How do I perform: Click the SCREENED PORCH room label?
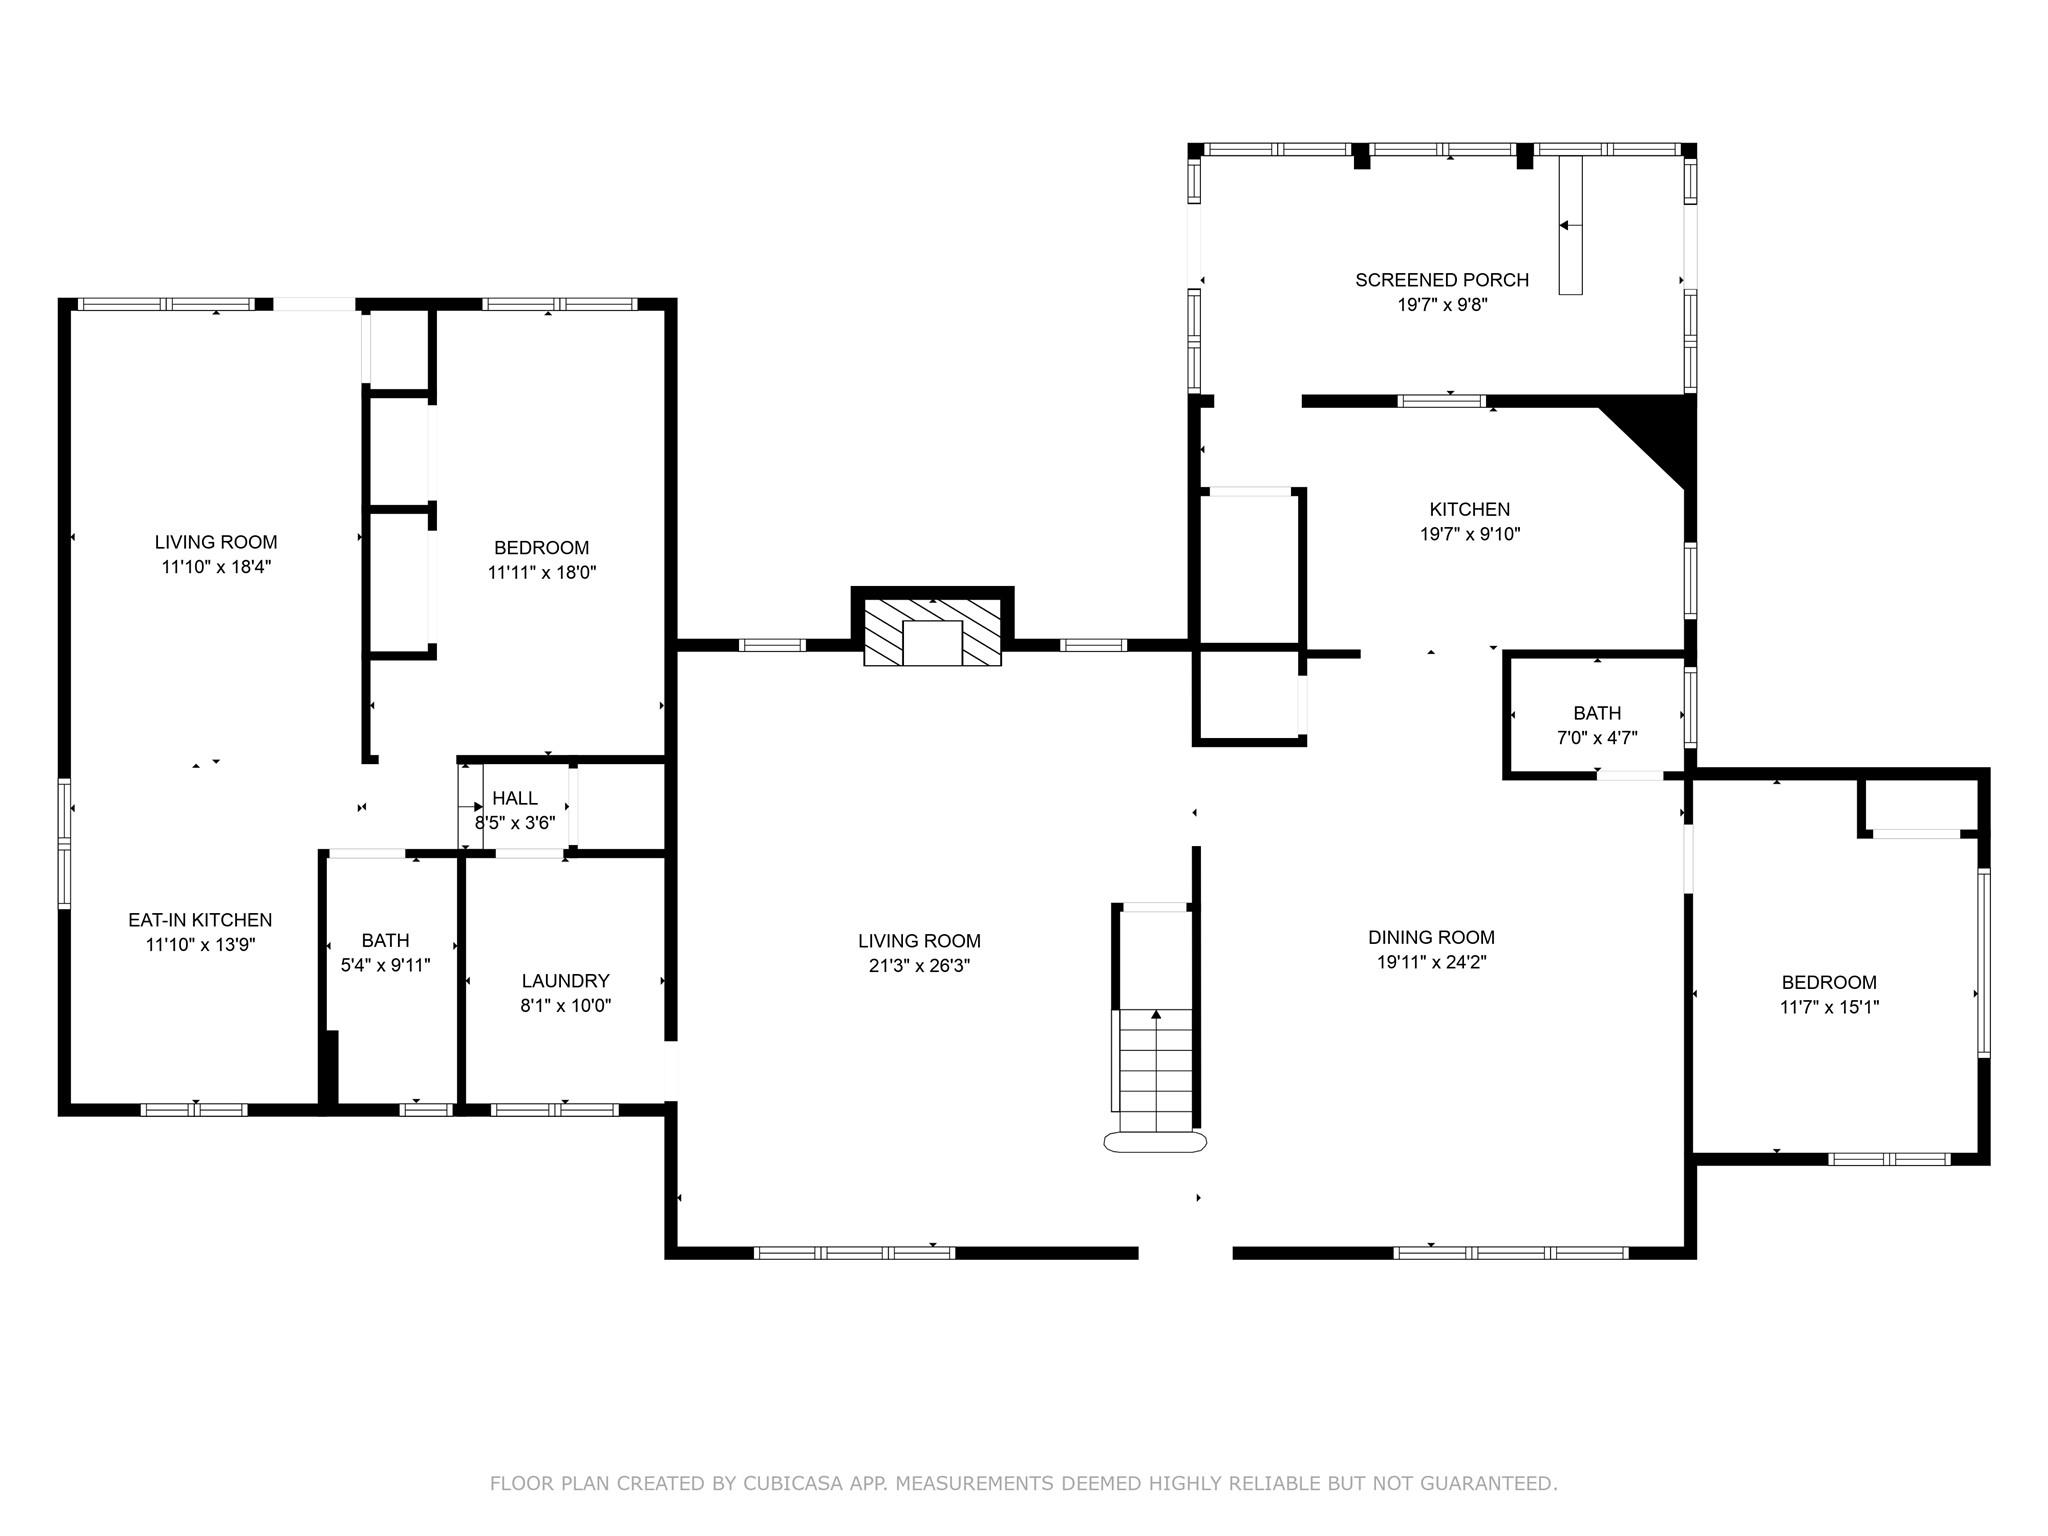1442,280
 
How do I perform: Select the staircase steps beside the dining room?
1156,1070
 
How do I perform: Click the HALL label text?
515,798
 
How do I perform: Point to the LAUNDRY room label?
566,981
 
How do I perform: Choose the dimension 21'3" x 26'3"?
919,966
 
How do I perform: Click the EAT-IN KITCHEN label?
200,920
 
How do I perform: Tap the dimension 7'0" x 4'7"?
1597,738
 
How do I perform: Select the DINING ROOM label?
1432,937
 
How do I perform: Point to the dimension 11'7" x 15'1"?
1829,1007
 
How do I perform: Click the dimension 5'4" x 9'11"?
386,965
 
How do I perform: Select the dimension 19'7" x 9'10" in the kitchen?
1470,534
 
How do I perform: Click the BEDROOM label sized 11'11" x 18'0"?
542,548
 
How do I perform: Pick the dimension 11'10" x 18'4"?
216,567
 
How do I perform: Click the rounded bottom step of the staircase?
1155,1142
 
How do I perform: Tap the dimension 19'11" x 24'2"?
1432,962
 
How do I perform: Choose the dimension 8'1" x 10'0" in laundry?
566,1006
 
